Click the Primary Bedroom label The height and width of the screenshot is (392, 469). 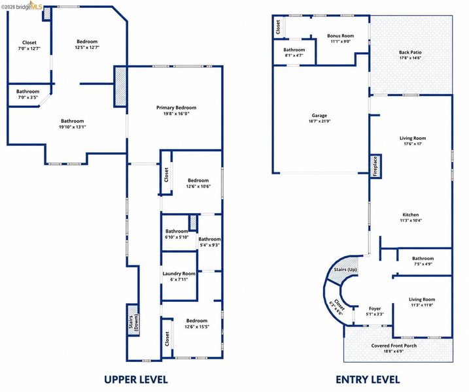pos(176,108)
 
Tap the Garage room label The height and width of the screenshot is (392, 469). pos(319,116)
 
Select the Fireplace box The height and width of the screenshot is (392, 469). pos(375,167)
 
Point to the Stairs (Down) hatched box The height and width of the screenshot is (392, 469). pos(133,319)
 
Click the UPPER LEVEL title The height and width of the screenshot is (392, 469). pos(136,380)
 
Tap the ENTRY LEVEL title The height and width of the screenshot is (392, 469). pos(368,380)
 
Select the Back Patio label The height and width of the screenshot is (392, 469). pos(410,52)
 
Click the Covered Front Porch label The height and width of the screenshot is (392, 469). pos(394,346)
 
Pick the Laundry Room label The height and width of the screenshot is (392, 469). pos(179,273)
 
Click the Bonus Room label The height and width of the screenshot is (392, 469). pos(340,36)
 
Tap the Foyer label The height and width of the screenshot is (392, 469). pos(375,308)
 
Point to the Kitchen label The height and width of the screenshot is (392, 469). pos(411,215)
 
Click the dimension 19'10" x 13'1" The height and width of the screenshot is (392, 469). pos(73,127)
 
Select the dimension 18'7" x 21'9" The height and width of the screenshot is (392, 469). pos(319,122)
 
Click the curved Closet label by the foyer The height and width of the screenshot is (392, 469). pos(339,304)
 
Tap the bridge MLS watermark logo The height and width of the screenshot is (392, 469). pos(22,6)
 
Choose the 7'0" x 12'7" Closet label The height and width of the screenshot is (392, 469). pos(29,42)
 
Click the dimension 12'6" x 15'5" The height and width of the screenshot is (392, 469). pos(197,327)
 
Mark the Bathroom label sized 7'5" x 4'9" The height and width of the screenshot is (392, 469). pos(423,259)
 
